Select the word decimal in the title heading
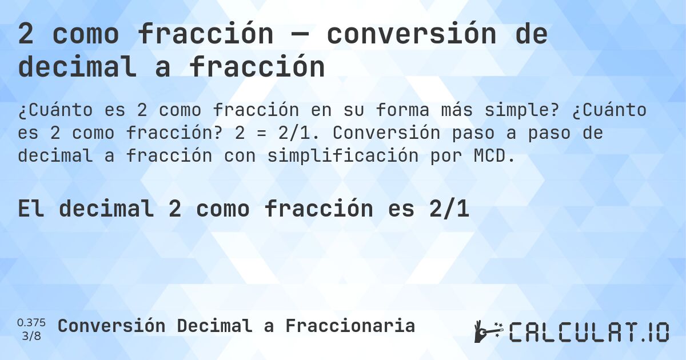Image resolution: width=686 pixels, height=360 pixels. [x=78, y=67]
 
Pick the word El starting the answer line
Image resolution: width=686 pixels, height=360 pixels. [x=31, y=210]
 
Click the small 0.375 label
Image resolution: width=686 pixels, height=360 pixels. [x=31, y=322]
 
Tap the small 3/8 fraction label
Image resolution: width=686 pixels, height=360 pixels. [x=31, y=335]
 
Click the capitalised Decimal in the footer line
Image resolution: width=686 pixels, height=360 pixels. [x=214, y=326]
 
